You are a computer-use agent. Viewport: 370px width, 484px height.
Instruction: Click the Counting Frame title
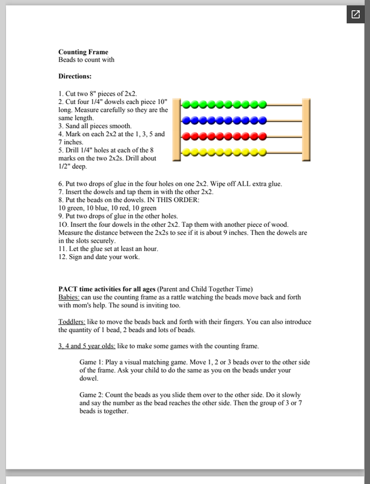click(x=83, y=52)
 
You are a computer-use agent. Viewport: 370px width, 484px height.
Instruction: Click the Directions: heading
click(x=75, y=77)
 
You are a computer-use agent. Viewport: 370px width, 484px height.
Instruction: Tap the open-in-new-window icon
click(x=355, y=15)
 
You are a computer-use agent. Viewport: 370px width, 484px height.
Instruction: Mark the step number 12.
click(x=62, y=256)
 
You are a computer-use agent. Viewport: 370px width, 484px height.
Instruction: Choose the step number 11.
click(x=62, y=247)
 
